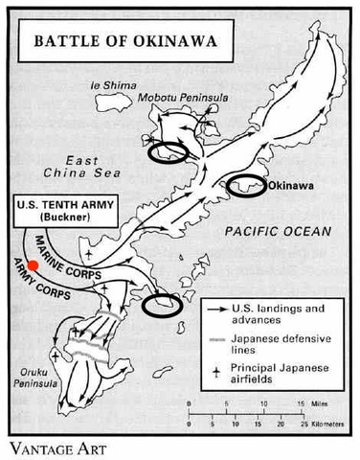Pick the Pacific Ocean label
276,232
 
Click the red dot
33,264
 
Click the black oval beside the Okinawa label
245,186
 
